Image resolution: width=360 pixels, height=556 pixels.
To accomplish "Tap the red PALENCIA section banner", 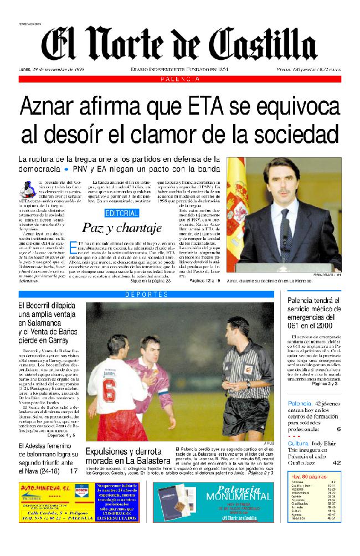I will pyautogui.click(x=180, y=80).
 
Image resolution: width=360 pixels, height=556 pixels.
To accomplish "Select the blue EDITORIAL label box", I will pyautogui.click(x=122, y=213).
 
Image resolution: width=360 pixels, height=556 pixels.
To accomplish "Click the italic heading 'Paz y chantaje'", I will pyautogui.click(x=122, y=227).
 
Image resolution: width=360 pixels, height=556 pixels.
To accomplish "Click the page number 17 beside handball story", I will pyautogui.click(x=74, y=471).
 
